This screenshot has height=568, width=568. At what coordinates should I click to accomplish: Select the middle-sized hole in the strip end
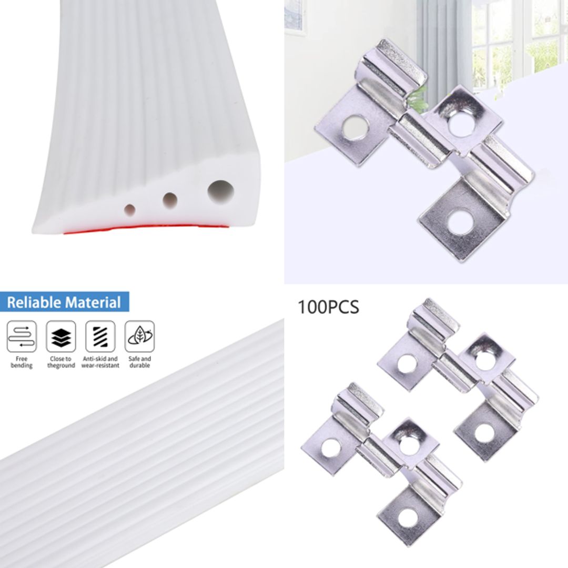pyautogui.click(x=169, y=199)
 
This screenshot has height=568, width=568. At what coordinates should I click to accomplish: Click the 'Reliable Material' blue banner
pyautogui.click(x=64, y=302)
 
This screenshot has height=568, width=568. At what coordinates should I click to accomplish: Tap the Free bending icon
pyautogui.click(x=22, y=336)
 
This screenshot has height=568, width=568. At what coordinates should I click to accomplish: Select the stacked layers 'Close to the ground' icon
pyautogui.click(x=61, y=336)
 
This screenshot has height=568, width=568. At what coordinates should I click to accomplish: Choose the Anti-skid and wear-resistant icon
pyautogui.click(x=100, y=336)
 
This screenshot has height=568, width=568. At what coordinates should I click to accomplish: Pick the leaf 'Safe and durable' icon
pyautogui.click(x=139, y=336)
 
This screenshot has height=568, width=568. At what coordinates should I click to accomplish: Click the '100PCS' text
pyautogui.click(x=329, y=307)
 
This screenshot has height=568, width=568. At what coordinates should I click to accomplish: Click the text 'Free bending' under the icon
pyautogui.click(x=22, y=362)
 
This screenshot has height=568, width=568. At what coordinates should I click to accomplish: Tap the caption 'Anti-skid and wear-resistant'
pyautogui.click(x=100, y=362)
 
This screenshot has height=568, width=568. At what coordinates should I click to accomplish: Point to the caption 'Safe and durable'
pyautogui.click(x=139, y=362)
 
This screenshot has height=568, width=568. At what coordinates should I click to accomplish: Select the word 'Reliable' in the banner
pyautogui.click(x=34, y=302)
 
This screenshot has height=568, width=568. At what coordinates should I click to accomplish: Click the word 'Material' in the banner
pyautogui.click(x=93, y=302)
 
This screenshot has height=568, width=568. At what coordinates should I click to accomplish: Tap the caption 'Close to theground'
pyautogui.click(x=61, y=362)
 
